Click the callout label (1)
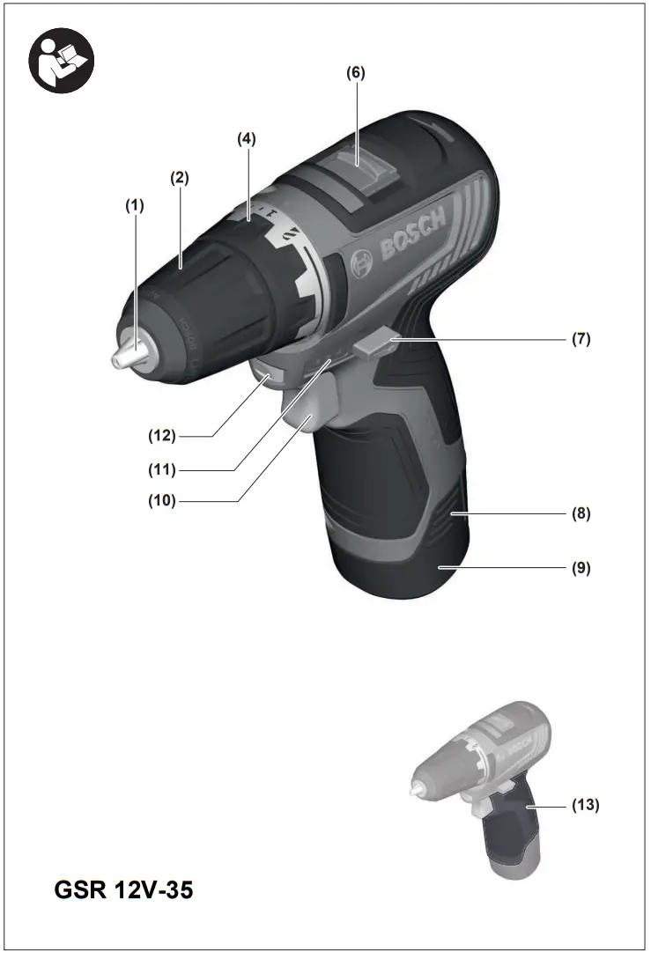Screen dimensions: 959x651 click(134, 205)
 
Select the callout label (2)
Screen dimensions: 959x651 click(180, 177)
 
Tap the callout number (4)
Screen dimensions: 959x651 click(248, 138)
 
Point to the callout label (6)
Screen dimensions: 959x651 click(354, 73)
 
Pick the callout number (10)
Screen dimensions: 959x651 click(162, 501)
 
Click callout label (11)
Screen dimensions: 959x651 click(162, 468)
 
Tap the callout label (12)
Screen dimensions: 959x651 click(162, 435)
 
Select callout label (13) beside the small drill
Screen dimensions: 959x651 click(586, 805)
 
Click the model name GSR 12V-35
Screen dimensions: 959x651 click(123, 890)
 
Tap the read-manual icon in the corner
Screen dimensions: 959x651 click(62, 61)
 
